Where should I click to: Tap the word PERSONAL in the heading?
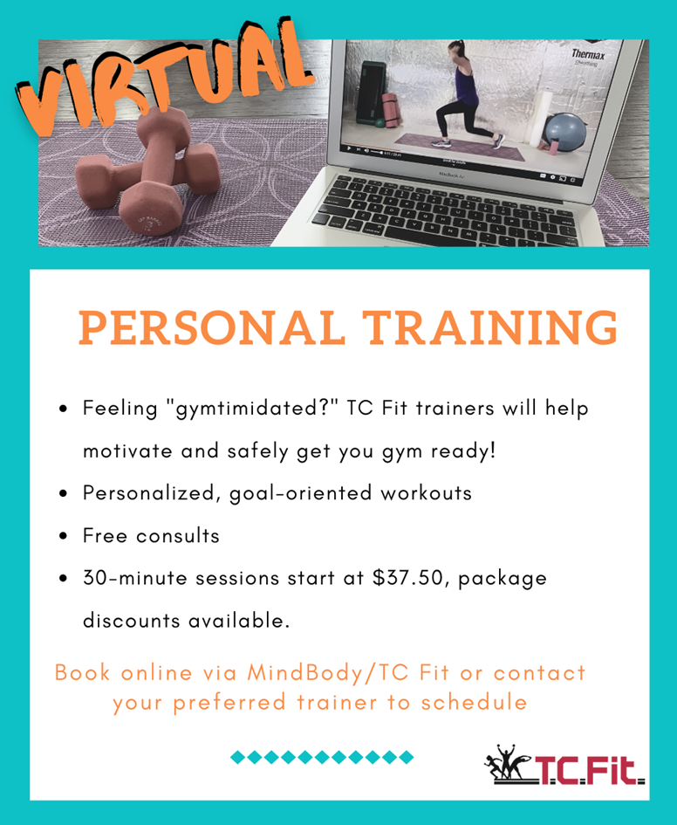coord(211,327)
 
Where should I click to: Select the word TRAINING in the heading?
coord(490,327)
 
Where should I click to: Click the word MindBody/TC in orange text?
coord(328,672)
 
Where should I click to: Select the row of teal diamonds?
coord(322,757)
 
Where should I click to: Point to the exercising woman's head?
coord(455,50)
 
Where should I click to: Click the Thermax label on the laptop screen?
coord(588,54)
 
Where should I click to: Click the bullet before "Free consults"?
coord(64,536)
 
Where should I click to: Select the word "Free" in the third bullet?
coord(105,535)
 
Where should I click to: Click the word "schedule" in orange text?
coord(474,702)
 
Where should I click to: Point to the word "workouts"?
coord(427,493)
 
